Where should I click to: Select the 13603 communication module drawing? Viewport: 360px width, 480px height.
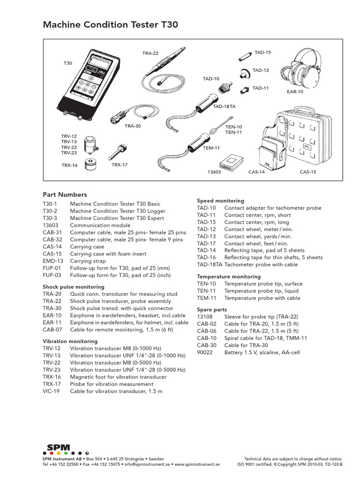point(230,161)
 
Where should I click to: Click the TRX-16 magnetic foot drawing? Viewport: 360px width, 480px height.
point(90,165)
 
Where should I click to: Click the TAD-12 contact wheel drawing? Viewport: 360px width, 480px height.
point(245,73)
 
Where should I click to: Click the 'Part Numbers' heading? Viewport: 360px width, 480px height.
point(65,195)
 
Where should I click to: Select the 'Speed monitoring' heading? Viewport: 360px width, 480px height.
point(220,201)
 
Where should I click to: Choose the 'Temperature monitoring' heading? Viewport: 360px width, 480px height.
point(229,277)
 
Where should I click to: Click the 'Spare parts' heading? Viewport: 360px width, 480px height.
point(212,310)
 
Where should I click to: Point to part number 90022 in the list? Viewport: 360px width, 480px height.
point(205,352)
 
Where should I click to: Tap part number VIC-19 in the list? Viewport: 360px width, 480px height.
point(52,391)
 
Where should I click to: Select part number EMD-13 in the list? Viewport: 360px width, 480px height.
point(52,261)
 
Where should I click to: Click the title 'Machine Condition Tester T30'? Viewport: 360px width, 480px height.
point(111,24)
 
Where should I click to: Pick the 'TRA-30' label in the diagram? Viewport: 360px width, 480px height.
point(133,126)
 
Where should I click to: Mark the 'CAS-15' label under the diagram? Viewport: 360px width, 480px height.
point(308,172)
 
